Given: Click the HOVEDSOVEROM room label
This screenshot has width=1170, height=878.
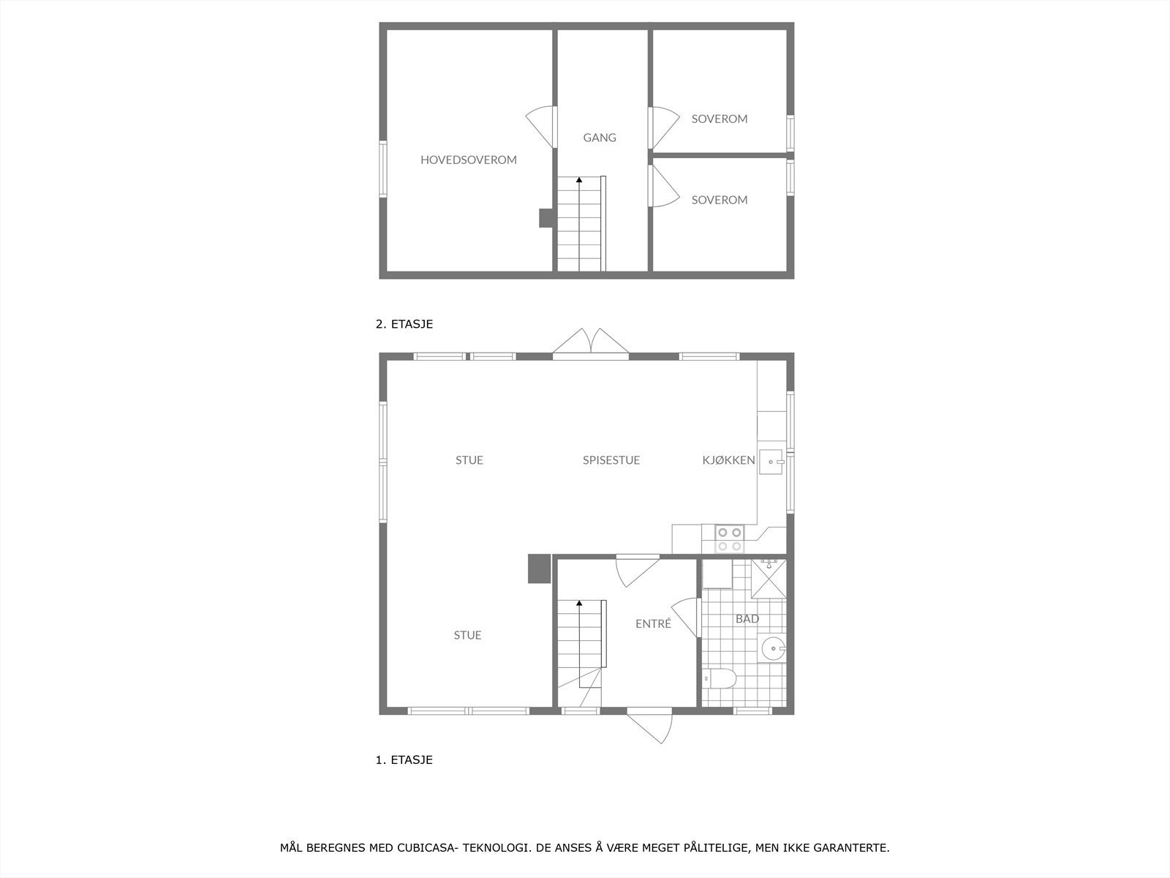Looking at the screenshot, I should point(468,160).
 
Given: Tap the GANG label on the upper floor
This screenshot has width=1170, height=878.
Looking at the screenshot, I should point(600,138).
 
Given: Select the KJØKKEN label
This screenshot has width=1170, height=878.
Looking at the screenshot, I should point(728,460).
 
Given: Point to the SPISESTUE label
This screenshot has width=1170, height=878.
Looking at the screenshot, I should point(611,460).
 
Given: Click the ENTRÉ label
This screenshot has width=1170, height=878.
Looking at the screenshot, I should point(653,624).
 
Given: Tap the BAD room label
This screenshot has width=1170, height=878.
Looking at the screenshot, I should point(747,619).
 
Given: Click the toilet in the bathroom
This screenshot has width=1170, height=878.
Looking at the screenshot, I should point(720,679).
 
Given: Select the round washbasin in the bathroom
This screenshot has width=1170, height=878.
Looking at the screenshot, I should point(774,648).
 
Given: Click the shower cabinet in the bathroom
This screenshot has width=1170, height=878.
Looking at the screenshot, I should point(769,578).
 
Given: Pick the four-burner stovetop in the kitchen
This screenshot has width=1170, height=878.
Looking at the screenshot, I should point(729,539).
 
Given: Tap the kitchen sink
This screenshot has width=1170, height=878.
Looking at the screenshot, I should point(772,462).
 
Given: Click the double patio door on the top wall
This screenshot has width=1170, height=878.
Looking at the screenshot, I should point(591,343).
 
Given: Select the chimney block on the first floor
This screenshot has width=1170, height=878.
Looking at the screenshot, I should point(539,569).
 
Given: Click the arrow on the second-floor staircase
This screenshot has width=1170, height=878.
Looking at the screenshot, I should point(579,180).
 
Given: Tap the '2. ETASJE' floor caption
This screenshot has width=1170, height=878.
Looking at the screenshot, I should point(404,324).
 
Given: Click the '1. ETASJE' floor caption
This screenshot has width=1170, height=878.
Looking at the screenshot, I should point(404,759).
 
